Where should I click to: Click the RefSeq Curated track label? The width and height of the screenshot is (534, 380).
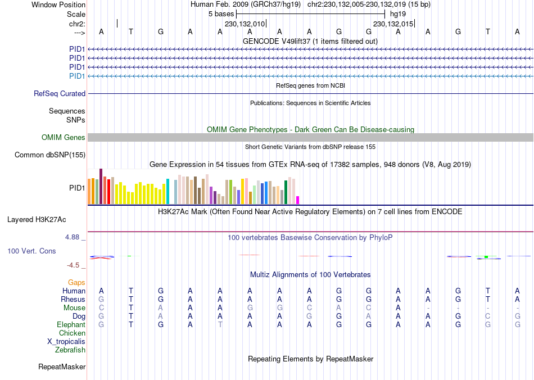(x=60, y=94)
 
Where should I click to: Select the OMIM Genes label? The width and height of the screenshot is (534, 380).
(x=64, y=138)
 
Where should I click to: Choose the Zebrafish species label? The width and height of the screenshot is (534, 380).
(x=70, y=350)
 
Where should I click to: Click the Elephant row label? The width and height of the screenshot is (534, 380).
(x=71, y=325)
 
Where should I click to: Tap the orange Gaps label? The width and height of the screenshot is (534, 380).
(x=76, y=282)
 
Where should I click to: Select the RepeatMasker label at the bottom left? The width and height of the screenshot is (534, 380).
(x=62, y=367)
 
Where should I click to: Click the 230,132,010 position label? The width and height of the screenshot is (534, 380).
(x=245, y=24)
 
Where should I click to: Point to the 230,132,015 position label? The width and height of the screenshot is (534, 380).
(x=393, y=24)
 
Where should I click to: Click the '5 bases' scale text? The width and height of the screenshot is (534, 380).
(x=221, y=13)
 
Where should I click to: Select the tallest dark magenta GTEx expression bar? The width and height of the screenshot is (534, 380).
(x=101, y=186)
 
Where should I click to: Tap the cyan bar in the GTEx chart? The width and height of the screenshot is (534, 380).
(x=168, y=191)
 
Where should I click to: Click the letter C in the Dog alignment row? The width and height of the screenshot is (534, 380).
(x=488, y=316)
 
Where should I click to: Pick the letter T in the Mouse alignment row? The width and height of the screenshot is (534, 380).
(x=131, y=308)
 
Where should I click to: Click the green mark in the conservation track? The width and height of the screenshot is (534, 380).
(x=486, y=257)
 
